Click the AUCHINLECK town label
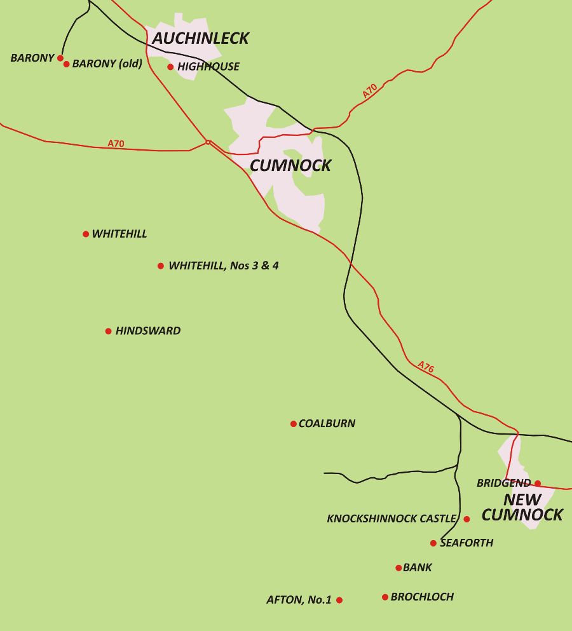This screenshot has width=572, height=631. pos(200,39)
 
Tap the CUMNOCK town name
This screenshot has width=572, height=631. pos(290,166)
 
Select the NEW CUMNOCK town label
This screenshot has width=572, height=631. pos(522,508)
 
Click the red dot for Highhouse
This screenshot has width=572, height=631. pos(170,67)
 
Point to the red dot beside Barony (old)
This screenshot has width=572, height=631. pos(66,64)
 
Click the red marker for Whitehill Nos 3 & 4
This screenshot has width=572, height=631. pos(161,266)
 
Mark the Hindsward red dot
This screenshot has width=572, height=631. pos(109,331)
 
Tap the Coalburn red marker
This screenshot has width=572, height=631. pos(293,424)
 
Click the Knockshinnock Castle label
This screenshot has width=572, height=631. pos(392,519)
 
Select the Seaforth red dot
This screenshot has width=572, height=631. pos(433,543)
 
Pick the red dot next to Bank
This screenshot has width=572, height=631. pos(398,568)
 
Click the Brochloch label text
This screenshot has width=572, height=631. pos(422,597)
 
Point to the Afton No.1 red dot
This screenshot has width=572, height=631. pos(339,600)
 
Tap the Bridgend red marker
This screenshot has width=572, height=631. pos(538,484)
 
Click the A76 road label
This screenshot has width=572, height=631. pos(426,367)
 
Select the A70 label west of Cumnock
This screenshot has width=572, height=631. pos(116,144)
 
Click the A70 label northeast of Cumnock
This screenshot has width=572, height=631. pos(370,91)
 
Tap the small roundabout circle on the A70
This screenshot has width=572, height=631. pos(208,142)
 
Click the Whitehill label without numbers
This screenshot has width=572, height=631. pos(119,234)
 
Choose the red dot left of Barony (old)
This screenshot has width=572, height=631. pos(60,58)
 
